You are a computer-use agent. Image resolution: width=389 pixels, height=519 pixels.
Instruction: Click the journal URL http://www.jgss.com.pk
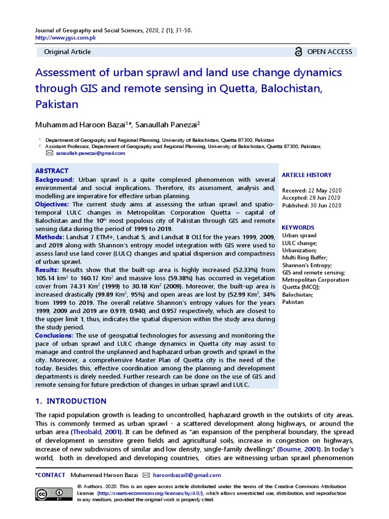(65, 38)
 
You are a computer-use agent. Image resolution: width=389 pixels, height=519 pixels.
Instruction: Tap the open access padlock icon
(298, 52)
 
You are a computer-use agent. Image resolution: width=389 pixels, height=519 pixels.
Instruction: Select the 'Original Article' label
(67, 52)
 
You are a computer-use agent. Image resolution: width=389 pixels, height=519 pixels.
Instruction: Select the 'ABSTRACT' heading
(52, 171)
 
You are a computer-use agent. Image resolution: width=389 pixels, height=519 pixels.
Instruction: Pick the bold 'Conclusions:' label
(54, 336)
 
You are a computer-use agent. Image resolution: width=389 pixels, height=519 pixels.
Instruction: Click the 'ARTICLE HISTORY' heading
(306, 175)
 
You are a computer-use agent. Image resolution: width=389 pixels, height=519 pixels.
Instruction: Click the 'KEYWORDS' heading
(298, 228)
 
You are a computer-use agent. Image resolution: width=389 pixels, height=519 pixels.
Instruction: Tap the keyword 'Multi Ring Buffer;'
(305, 257)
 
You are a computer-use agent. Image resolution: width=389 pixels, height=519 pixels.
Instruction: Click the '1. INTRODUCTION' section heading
(71, 401)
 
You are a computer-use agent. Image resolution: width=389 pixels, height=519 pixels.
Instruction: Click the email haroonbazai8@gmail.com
(187, 475)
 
